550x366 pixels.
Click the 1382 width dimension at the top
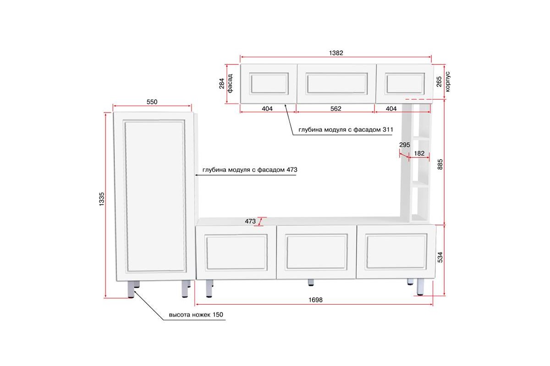(336, 53)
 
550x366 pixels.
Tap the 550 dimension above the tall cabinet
(152, 102)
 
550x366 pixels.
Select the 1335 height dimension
(101, 199)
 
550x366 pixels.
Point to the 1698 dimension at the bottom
(315, 300)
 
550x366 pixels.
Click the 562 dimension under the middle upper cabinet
(335, 108)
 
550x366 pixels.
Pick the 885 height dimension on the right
(440, 164)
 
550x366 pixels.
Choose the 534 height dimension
(440, 257)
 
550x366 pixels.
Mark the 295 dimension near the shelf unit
(404, 145)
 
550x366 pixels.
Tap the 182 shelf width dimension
(419, 153)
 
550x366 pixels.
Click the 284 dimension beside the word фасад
(222, 83)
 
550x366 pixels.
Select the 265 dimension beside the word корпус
(439, 81)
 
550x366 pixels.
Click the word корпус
(447, 81)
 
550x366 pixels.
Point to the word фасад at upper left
(230, 83)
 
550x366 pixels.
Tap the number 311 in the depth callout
(388, 129)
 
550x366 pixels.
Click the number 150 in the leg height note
(218, 314)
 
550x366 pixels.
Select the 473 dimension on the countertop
(250, 221)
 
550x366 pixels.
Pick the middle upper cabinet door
(336, 84)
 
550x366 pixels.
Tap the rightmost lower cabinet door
(396, 252)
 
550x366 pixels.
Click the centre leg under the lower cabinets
(311, 282)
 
